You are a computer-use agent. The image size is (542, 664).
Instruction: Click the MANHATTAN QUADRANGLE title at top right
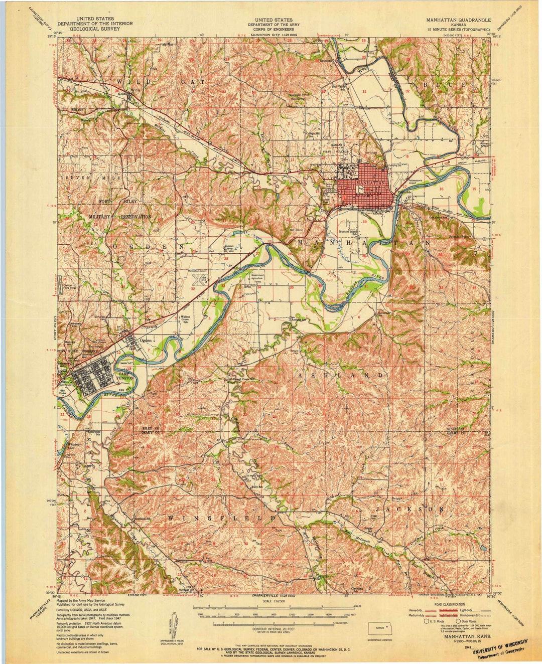[457, 21]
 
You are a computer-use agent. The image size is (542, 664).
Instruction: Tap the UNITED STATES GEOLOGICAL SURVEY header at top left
[95, 24]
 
